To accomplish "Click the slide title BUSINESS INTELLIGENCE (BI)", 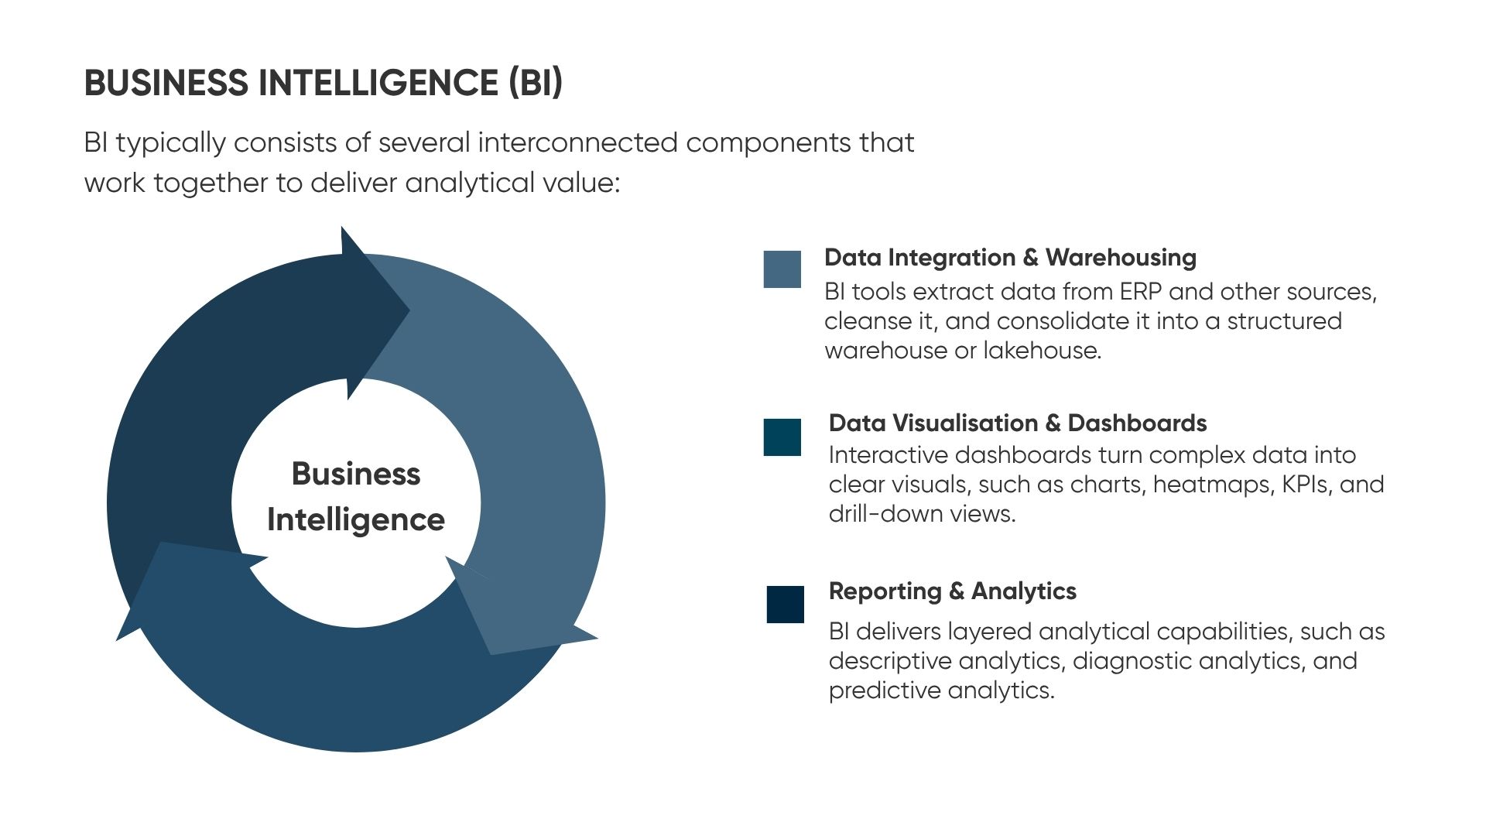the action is coord(324,83).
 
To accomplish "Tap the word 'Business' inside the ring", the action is coord(356,474).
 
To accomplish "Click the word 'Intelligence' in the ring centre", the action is coord(356,520).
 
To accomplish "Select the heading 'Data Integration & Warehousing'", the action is coord(1010,258).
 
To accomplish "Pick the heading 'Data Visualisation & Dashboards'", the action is coord(1018,423).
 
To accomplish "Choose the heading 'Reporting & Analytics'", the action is coord(952,591).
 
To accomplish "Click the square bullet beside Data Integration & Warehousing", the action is coord(782,269).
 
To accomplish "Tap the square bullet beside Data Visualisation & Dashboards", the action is coord(782,437).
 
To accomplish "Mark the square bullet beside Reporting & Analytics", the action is coord(786,605).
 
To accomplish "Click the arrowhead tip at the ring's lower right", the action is coord(598,639).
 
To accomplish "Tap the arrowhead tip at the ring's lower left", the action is coord(116,641).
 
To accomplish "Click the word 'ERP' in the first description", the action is coord(1141,292).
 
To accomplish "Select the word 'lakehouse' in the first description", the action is coord(1042,351).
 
